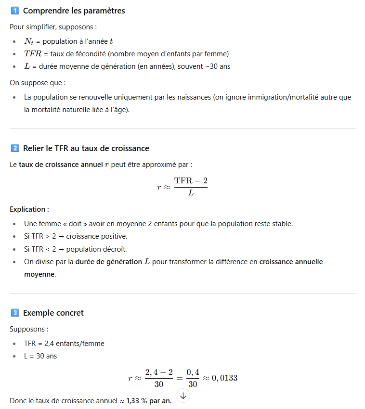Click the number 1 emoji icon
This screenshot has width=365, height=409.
14,11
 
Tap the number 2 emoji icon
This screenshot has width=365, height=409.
14,148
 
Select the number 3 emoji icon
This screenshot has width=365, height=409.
14,313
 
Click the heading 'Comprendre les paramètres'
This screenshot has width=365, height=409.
74,11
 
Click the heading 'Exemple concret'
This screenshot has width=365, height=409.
53,313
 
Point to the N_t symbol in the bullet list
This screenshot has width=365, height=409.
29,42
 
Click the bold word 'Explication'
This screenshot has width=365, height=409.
28,209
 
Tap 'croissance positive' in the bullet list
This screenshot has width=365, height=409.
96,236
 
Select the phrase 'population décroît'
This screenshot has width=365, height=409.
96,249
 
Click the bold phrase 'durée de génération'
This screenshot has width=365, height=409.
108,262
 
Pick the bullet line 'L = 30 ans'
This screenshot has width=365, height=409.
40,356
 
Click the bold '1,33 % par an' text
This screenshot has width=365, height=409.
148,401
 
